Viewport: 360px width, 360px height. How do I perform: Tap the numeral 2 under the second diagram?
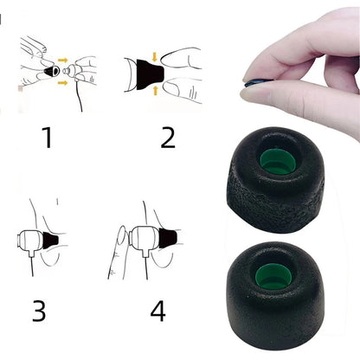pyautogui.click(x=168, y=136)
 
